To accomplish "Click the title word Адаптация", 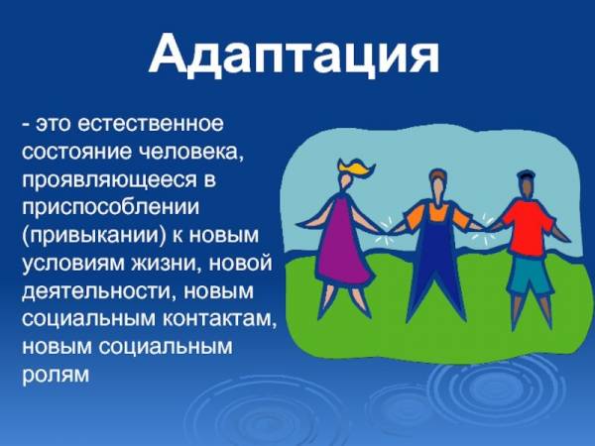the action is click(295, 56).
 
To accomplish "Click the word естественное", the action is click(151, 124).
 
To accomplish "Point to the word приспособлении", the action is click(110, 208).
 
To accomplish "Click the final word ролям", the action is click(56, 375).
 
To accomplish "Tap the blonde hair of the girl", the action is click(355, 167).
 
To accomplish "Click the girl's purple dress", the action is click(343, 243).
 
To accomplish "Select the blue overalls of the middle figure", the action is click(437, 258).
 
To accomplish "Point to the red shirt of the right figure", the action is click(529, 229).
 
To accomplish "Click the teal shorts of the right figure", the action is click(530, 274).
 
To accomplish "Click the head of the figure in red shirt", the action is click(526, 186).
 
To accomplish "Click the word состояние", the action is click(77, 152).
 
